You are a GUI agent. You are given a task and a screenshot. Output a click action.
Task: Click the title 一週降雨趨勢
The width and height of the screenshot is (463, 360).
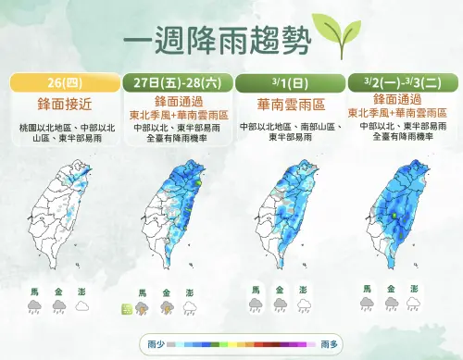217,43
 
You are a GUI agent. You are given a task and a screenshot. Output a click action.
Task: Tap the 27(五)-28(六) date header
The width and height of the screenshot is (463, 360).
176,81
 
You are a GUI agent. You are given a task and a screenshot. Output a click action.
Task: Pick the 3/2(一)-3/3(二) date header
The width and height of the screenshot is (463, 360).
400,81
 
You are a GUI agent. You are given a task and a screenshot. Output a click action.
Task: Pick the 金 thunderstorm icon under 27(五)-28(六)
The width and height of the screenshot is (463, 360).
167,306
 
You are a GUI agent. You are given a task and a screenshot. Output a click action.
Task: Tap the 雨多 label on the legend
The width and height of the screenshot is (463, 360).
329,343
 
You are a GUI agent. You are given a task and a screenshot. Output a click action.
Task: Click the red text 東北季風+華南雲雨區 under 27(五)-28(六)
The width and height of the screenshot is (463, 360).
176,114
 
